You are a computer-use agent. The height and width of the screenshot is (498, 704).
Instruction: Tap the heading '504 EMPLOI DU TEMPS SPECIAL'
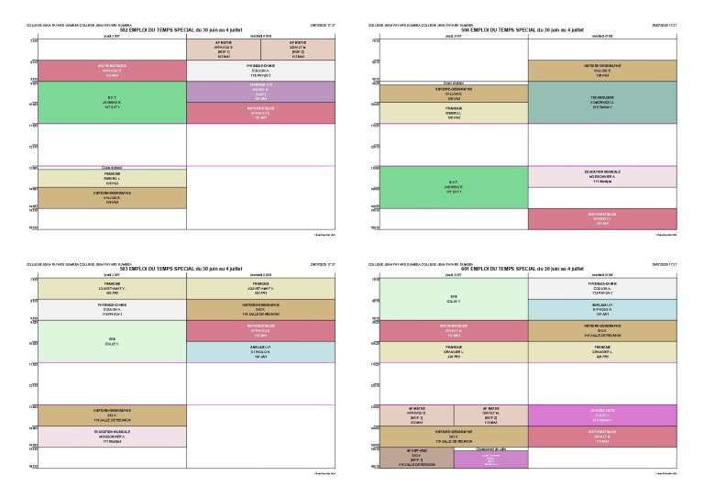522,29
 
